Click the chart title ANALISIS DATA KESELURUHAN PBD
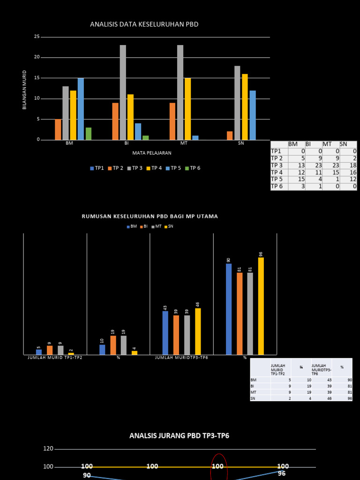click(x=144, y=24)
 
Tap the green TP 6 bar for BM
click(x=89, y=134)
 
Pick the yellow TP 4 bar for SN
click(x=245, y=107)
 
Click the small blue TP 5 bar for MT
click(x=195, y=138)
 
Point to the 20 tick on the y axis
click(x=37, y=57)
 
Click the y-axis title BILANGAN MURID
click(x=24, y=90)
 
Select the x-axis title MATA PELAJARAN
click(x=152, y=153)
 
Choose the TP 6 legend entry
click(x=193, y=168)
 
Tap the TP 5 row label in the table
click(x=277, y=179)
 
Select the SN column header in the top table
click(x=344, y=144)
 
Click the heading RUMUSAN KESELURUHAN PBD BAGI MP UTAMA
click(x=150, y=217)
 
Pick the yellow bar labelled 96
click(x=261, y=306)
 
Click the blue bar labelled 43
click(x=165, y=333)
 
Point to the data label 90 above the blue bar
click(x=229, y=260)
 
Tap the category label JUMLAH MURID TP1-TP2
click(x=55, y=358)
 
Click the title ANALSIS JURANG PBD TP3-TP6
click(x=180, y=436)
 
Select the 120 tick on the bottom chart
click(x=48, y=449)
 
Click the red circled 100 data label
click(x=218, y=466)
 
